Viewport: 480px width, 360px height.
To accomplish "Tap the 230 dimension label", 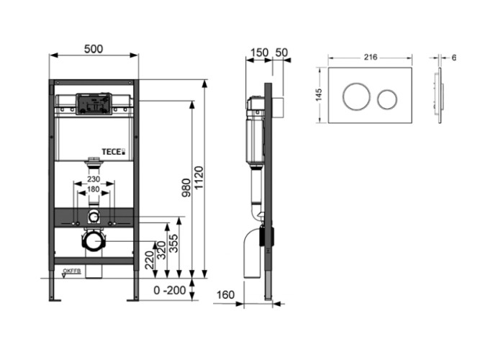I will (93, 180).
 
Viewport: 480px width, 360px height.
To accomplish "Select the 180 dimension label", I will (93, 189).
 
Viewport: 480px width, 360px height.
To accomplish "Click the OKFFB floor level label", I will (71, 271).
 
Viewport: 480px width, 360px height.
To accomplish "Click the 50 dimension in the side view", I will (281, 51).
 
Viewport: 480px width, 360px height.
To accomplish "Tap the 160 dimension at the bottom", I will (225, 294).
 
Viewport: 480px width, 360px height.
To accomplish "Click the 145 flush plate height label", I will (319, 96).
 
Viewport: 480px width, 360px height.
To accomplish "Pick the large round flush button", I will (355, 96).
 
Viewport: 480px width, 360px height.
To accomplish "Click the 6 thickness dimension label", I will (455, 57).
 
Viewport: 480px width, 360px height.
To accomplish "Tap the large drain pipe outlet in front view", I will (92, 239).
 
